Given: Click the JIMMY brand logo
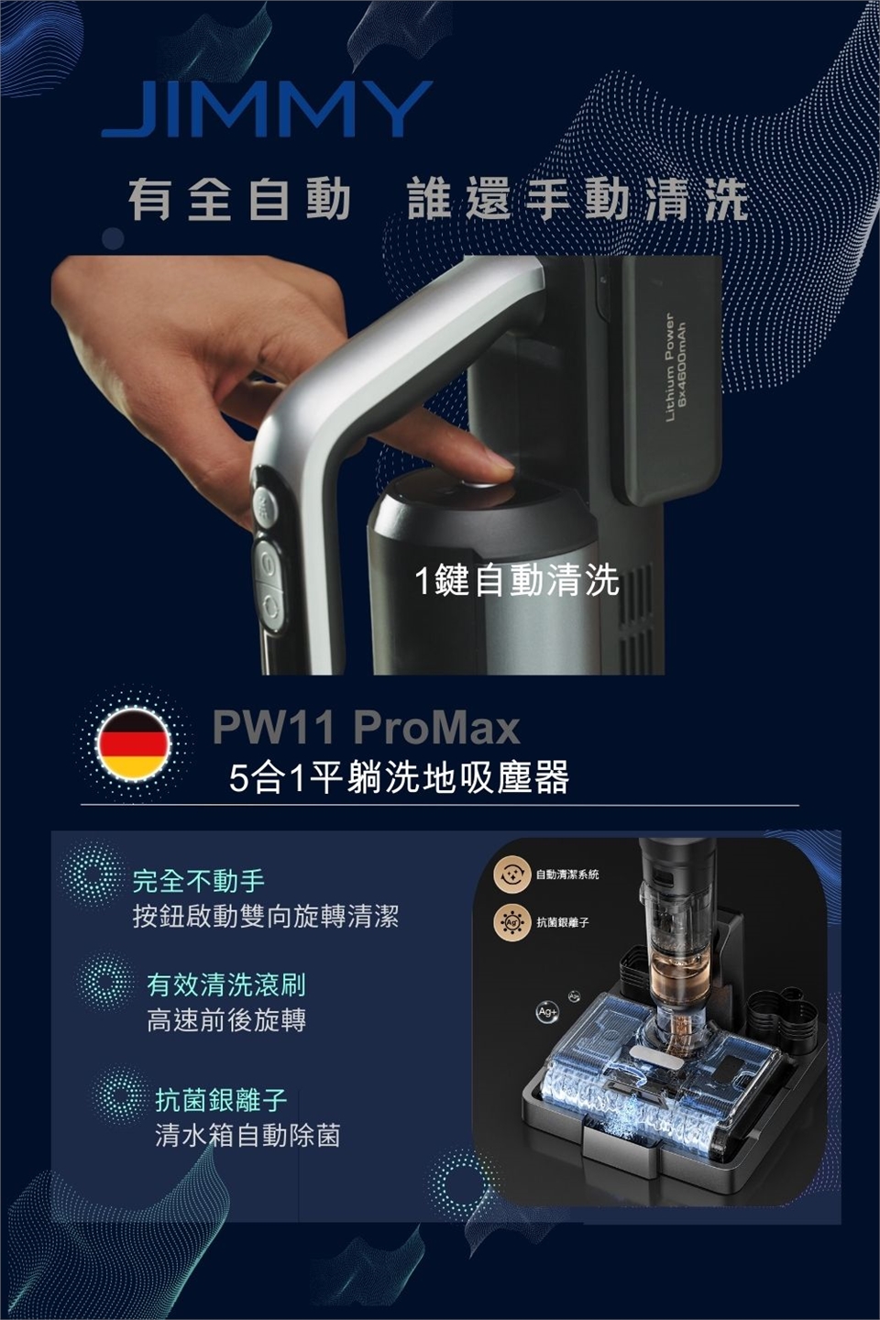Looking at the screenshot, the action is pos(267,109).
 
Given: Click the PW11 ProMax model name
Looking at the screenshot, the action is pos(366,729).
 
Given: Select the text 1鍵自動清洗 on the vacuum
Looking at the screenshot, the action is pos(517,580).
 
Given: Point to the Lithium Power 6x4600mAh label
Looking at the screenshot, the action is pos(674,367).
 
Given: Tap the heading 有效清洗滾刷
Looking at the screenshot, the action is pos(226,985).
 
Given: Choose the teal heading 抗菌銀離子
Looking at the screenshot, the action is pos(221,1100).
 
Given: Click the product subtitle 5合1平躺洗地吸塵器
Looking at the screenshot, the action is pos(399,778).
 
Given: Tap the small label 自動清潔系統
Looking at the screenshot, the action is pos(567,874).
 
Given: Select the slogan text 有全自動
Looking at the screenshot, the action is pos(240,201).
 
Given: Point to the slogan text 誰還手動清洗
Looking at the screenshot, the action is pos(578,201).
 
